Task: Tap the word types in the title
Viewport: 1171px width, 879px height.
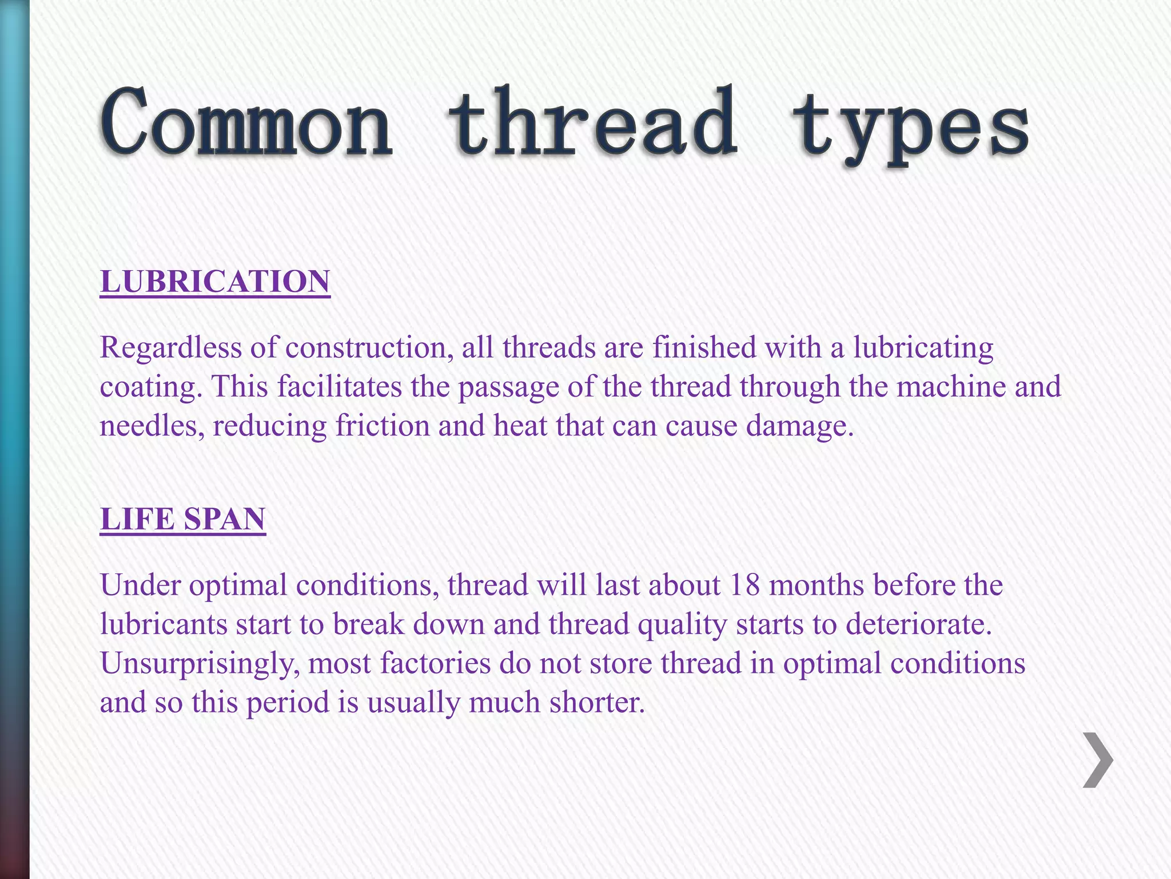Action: [x=911, y=129]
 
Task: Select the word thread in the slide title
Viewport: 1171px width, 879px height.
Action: [x=592, y=123]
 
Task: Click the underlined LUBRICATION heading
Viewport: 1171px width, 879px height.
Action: [x=215, y=282]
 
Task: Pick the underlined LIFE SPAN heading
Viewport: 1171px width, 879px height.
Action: [x=183, y=519]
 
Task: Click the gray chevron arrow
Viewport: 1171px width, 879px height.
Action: [x=1098, y=759]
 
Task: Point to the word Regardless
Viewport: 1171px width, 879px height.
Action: [x=171, y=348]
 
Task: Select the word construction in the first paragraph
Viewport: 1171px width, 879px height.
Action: [x=366, y=348]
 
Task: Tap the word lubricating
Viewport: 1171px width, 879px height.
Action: [x=923, y=348]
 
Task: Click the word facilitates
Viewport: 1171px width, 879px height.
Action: [x=340, y=387]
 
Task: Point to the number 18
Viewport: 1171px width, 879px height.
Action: [x=744, y=585]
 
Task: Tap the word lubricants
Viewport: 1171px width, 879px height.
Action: [x=164, y=624]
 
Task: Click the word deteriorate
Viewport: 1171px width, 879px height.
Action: [x=918, y=624]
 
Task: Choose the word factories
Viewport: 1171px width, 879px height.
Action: [x=435, y=663]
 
